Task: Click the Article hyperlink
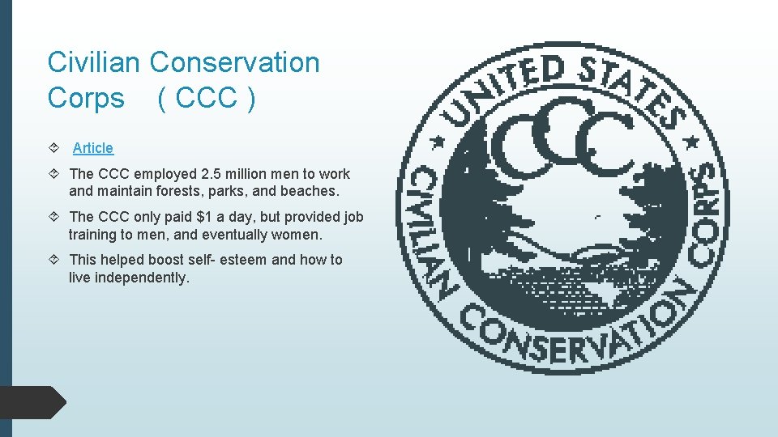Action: pyautogui.click(x=93, y=148)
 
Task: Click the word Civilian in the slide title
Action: pyautogui.click(x=95, y=62)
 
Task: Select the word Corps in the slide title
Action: pyautogui.click(x=86, y=99)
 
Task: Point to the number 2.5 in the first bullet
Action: pyautogui.click(x=210, y=174)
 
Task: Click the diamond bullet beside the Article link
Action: pyautogui.click(x=53, y=148)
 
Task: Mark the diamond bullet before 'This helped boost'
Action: pyautogui.click(x=53, y=260)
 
